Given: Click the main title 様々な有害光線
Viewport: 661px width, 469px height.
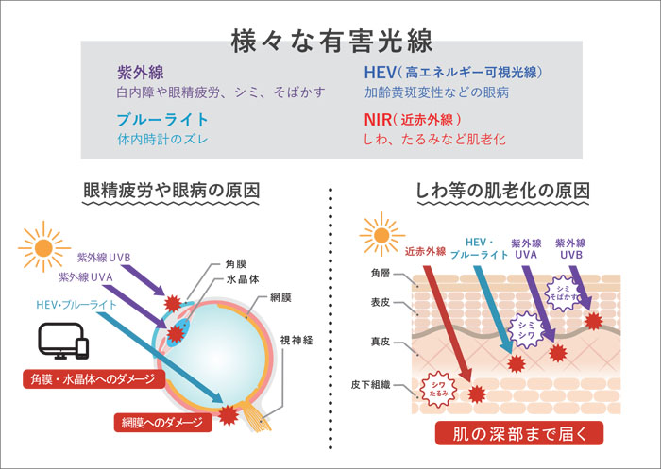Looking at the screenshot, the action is point(332,42).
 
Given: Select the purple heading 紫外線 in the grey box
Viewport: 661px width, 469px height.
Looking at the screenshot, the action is point(141,73).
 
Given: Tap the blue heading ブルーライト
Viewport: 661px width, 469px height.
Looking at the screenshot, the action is point(162,120).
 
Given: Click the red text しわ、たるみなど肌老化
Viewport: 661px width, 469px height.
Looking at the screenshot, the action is point(434,139).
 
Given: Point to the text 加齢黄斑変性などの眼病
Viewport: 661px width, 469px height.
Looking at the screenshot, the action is point(436,92).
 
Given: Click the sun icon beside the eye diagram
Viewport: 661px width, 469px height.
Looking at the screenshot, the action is point(43,247).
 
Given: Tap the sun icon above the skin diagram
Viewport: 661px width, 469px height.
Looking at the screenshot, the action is point(381,234).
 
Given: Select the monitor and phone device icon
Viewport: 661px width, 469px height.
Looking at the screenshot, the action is point(64,342).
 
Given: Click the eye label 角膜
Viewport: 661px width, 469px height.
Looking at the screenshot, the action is point(236,264).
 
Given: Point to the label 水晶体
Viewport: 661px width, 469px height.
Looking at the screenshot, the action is point(243,279).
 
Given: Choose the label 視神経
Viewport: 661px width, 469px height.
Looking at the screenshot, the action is point(297,340).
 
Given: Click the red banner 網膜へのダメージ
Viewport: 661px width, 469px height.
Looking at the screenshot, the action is point(162,422).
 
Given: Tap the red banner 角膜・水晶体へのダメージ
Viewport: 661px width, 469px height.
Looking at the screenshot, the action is point(93,379).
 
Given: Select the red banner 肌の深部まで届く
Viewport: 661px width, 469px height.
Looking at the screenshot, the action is point(519,433).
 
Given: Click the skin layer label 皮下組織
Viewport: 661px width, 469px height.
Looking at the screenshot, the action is point(370,385).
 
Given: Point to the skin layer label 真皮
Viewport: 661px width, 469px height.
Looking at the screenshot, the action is point(381,342).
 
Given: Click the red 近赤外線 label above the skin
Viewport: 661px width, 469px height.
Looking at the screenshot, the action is point(425,252).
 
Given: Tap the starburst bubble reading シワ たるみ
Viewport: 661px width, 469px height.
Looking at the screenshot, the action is point(438,389).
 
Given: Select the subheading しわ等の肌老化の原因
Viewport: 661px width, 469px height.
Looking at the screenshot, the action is point(503,191).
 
